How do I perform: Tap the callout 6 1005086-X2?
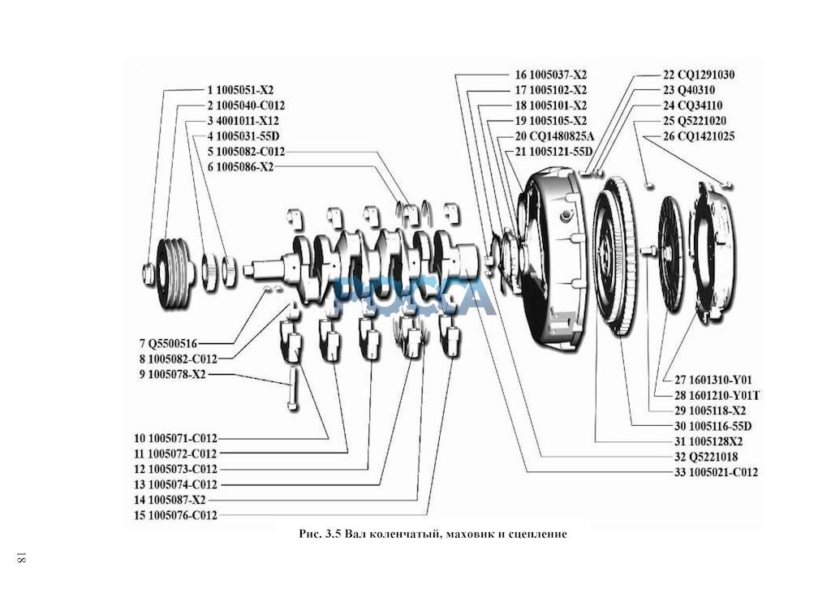(x=240, y=167)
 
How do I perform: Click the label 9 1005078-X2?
(x=171, y=374)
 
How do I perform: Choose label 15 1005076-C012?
(x=176, y=515)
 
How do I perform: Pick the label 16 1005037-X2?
(x=550, y=75)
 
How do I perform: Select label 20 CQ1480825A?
(x=554, y=136)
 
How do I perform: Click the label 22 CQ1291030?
(x=699, y=75)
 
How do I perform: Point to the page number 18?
(x=21, y=559)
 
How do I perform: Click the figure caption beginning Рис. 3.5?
(x=432, y=535)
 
